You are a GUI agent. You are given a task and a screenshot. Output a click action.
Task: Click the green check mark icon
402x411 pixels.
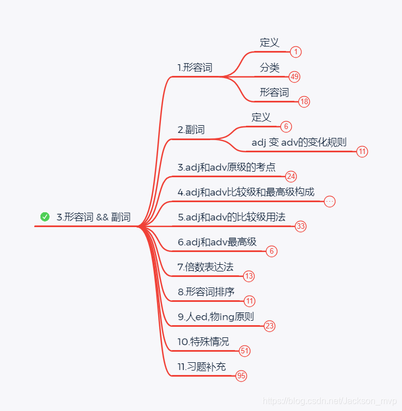click(45, 217)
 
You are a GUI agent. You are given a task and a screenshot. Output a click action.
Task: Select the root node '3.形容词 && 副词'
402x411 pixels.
click(93, 217)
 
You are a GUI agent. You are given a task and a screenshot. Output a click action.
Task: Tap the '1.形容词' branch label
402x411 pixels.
click(195, 68)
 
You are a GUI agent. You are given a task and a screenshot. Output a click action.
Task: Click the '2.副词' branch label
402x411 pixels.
click(191, 130)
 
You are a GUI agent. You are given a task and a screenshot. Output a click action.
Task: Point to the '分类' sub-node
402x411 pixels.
click(270, 68)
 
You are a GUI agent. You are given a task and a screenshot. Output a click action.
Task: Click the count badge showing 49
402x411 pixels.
click(294, 76)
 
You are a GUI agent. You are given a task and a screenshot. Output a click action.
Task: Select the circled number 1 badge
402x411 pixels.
click(296, 52)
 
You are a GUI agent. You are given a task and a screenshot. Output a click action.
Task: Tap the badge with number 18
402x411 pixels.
click(304, 101)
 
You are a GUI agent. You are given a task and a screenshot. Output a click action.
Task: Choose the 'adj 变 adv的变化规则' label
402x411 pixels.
click(299, 142)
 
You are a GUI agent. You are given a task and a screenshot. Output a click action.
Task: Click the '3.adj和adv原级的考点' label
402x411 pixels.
click(227, 167)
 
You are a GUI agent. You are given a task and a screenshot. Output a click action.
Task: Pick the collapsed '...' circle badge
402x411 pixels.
click(330, 202)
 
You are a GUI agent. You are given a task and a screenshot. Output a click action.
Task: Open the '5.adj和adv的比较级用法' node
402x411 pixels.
click(231, 217)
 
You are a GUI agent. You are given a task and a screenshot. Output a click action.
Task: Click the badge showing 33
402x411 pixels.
click(301, 226)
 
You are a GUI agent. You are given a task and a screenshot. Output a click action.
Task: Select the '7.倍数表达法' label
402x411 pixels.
click(205, 267)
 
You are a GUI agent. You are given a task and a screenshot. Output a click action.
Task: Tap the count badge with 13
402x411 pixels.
click(249, 276)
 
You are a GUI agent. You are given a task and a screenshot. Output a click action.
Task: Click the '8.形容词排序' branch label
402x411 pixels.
click(206, 292)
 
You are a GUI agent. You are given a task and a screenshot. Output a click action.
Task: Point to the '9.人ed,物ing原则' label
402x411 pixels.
click(216, 317)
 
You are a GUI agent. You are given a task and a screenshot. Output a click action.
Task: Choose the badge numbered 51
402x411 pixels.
click(245, 351)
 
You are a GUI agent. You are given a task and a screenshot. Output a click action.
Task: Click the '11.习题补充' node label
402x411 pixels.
click(201, 367)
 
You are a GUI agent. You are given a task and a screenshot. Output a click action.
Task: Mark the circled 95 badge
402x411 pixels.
click(241, 376)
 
